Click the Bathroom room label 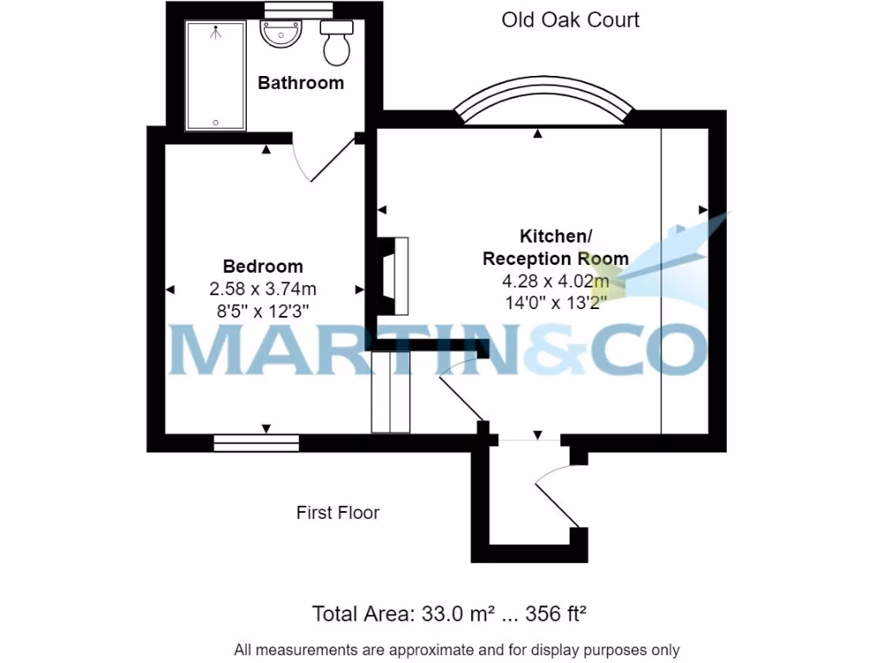[300, 83]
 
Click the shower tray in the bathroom [216, 76]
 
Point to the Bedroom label [263, 266]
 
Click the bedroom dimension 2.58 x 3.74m [263, 287]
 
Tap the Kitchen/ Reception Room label [555, 247]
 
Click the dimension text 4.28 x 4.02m [555, 281]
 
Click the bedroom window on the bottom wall [256, 443]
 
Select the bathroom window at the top [287, 9]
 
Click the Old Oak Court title [570, 20]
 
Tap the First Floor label [338, 513]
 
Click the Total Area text [449, 615]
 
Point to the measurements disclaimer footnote [457, 649]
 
